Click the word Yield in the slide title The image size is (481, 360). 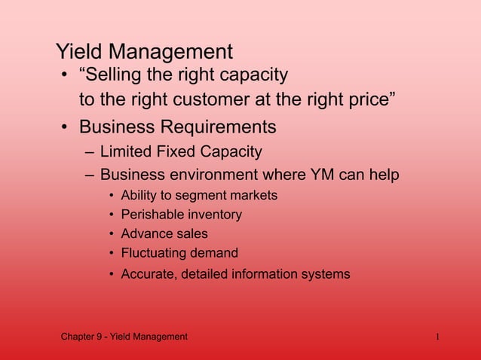(79, 52)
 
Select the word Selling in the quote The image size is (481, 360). (115, 75)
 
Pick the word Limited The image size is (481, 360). (127, 152)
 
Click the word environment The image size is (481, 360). (213, 175)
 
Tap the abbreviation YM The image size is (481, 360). (323, 175)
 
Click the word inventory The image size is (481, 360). (214, 215)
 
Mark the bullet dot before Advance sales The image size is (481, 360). (112, 234)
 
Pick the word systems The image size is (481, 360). (325, 273)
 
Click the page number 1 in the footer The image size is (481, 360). (437, 337)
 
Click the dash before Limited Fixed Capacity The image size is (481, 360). (90, 153)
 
